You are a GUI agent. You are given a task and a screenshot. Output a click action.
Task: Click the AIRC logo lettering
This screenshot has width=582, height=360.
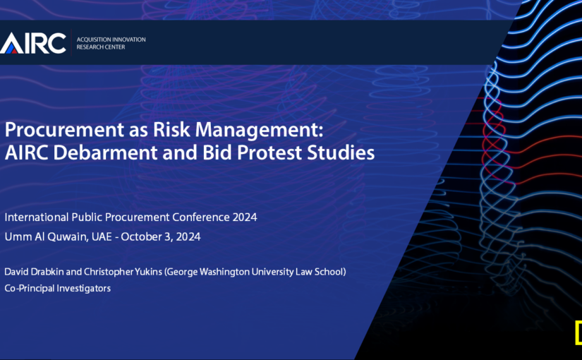[32, 43]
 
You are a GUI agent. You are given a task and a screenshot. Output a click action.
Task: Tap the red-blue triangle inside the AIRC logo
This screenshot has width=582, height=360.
[11, 48]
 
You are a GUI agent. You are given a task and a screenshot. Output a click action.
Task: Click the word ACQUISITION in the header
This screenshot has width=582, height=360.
[90, 40]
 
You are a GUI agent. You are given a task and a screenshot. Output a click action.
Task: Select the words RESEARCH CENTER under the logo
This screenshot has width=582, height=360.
[101, 47]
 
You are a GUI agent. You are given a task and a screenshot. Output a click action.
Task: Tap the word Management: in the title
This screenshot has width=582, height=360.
[259, 131]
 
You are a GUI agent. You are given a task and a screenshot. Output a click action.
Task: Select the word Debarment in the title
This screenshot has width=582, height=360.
[105, 152]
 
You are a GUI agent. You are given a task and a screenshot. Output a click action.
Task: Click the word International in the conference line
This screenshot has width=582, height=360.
[37, 217]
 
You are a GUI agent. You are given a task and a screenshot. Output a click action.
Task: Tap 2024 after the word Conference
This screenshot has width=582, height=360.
[245, 217]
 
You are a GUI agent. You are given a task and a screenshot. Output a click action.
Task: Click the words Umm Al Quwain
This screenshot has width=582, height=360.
[47, 236]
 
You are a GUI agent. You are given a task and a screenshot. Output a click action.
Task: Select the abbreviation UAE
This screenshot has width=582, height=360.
[102, 236]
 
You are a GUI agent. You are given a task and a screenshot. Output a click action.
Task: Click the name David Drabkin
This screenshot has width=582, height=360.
[34, 272]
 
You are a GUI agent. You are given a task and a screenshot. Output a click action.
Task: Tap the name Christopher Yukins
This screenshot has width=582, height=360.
[123, 272]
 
